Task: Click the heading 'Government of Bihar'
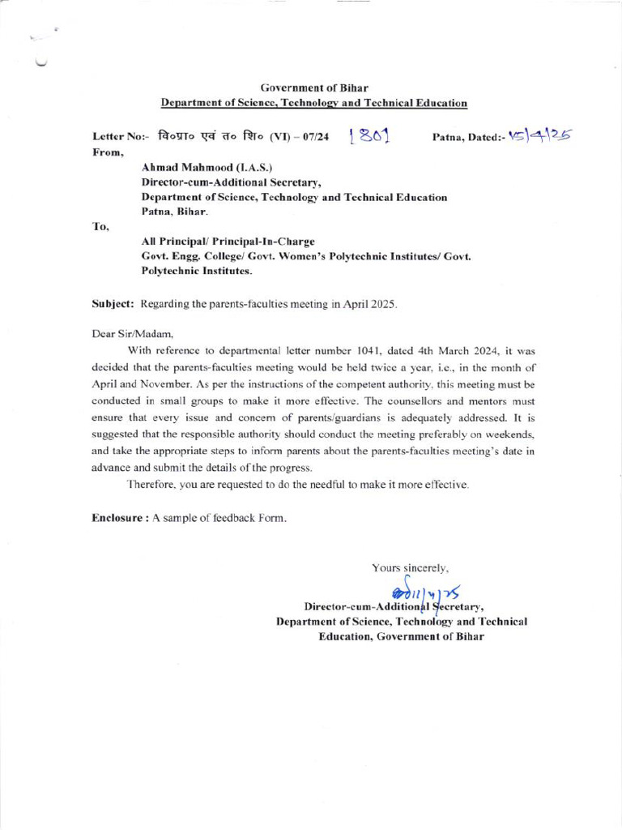pyautogui.click(x=314, y=88)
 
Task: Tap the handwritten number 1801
pyautogui.click(x=369, y=138)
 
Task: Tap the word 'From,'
pyautogui.click(x=108, y=152)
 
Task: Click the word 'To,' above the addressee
pyautogui.click(x=101, y=226)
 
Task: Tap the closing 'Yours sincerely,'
pyautogui.click(x=410, y=568)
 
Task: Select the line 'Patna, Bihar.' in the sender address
pyautogui.click(x=174, y=212)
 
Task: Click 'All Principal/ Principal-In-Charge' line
pyautogui.click(x=228, y=242)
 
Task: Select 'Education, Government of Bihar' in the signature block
pyautogui.click(x=401, y=636)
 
